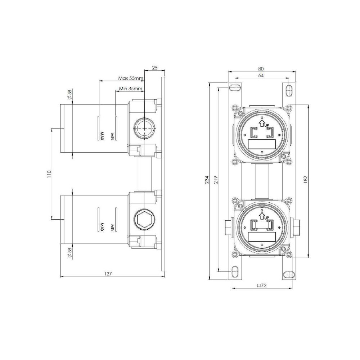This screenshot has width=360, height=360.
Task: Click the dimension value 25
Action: pyautogui.click(x=155, y=68)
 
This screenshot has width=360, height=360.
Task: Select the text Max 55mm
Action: pyautogui.click(x=131, y=78)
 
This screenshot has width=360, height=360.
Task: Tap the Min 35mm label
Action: pyautogui.click(x=131, y=89)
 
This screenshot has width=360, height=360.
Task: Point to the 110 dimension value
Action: pyautogui.click(x=49, y=174)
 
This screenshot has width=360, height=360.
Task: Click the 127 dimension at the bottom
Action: pyautogui.click(x=108, y=274)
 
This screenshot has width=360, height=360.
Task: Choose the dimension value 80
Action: pyautogui.click(x=261, y=69)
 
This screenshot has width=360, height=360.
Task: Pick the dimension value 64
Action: pyautogui.click(x=261, y=75)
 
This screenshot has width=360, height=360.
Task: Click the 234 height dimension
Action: pyautogui.click(x=207, y=179)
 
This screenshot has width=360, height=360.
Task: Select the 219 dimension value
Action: pyautogui.click(x=216, y=179)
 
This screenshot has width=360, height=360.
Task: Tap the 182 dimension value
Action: pyautogui.click(x=305, y=179)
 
